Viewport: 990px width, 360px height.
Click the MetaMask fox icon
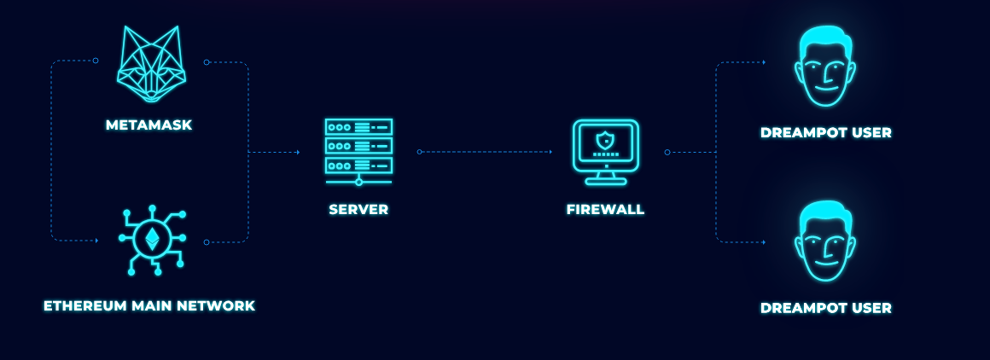151,65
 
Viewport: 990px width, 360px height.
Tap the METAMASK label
149,125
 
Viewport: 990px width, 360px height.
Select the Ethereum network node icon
152,240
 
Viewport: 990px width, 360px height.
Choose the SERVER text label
358,209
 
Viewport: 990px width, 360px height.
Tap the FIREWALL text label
606,209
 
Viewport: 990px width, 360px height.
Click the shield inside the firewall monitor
606,140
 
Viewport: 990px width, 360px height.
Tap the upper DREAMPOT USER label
825,132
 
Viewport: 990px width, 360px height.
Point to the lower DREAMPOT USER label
825,308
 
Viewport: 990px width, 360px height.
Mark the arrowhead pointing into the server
297,152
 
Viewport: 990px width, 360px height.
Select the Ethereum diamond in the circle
153,238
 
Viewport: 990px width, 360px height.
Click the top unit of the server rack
358,127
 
